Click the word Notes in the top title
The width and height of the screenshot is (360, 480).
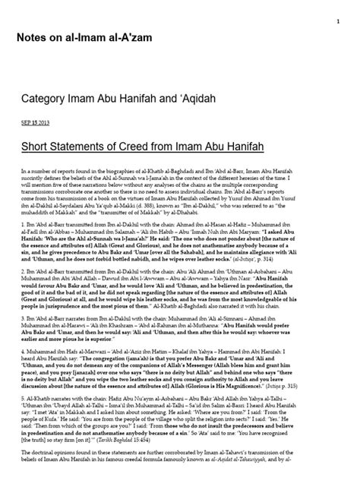click(33, 38)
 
